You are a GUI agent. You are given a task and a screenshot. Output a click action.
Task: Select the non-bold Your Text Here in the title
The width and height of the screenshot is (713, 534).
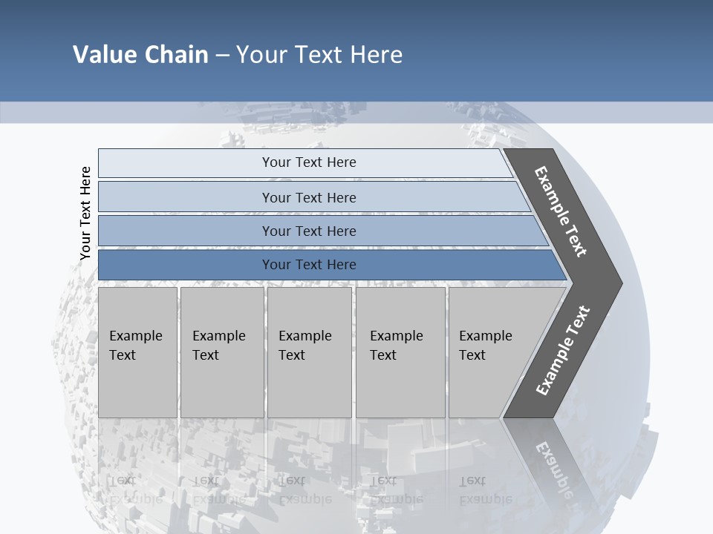click(x=319, y=55)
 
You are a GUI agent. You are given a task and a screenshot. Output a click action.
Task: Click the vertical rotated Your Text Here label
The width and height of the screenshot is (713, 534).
click(x=85, y=214)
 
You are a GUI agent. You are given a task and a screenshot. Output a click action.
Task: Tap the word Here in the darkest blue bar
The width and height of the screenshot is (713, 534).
click(x=340, y=265)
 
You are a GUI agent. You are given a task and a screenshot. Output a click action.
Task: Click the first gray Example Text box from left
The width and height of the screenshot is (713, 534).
click(x=137, y=352)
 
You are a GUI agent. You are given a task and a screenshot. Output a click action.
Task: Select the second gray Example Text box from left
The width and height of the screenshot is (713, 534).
click(x=221, y=352)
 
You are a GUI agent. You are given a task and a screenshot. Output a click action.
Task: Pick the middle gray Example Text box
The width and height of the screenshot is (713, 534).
click(x=309, y=352)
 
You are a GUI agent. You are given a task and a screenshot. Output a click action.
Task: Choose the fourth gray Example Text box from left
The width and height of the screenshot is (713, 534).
click(x=400, y=352)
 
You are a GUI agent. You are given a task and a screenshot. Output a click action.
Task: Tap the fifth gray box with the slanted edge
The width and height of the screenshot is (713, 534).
click(x=490, y=352)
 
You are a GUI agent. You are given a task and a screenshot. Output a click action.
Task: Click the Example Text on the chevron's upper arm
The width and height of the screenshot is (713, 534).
click(x=561, y=211)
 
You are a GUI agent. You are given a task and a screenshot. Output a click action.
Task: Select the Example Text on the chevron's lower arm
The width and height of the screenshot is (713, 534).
click(x=563, y=350)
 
